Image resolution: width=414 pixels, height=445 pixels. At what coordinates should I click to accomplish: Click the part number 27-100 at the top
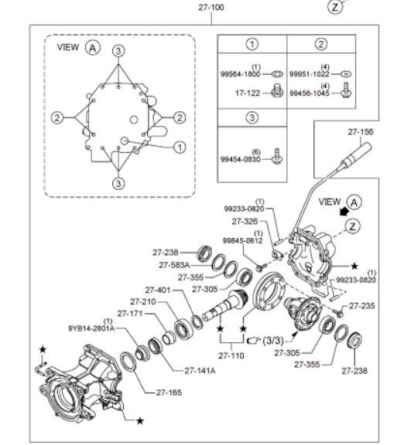(x=211, y=8)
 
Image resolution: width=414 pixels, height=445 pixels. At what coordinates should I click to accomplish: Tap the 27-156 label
(x=361, y=132)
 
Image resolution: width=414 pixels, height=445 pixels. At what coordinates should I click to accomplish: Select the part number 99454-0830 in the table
(x=240, y=159)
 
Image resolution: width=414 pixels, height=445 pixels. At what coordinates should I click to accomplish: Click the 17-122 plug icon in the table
(x=277, y=90)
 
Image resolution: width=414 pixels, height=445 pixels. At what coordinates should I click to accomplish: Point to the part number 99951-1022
(x=309, y=74)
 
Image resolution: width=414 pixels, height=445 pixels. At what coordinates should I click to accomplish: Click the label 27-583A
(x=174, y=265)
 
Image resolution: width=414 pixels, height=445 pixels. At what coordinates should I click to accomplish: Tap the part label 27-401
(x=158, y=290)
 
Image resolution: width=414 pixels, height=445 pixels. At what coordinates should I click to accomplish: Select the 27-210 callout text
(x=143, y=301)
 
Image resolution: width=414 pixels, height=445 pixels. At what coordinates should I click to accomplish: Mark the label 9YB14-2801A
(x=91, y=328)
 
